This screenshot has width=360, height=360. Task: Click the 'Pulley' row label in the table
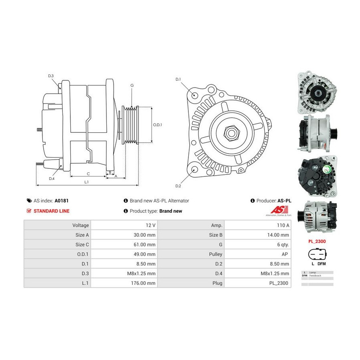[216, 254]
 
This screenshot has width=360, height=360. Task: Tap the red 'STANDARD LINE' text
[51, 211]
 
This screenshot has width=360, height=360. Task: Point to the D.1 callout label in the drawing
[178, 79]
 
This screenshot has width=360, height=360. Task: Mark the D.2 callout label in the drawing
[178, 186]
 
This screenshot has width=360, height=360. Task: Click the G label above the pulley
[132, 86]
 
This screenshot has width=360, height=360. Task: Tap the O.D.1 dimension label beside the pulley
[158, 125]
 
